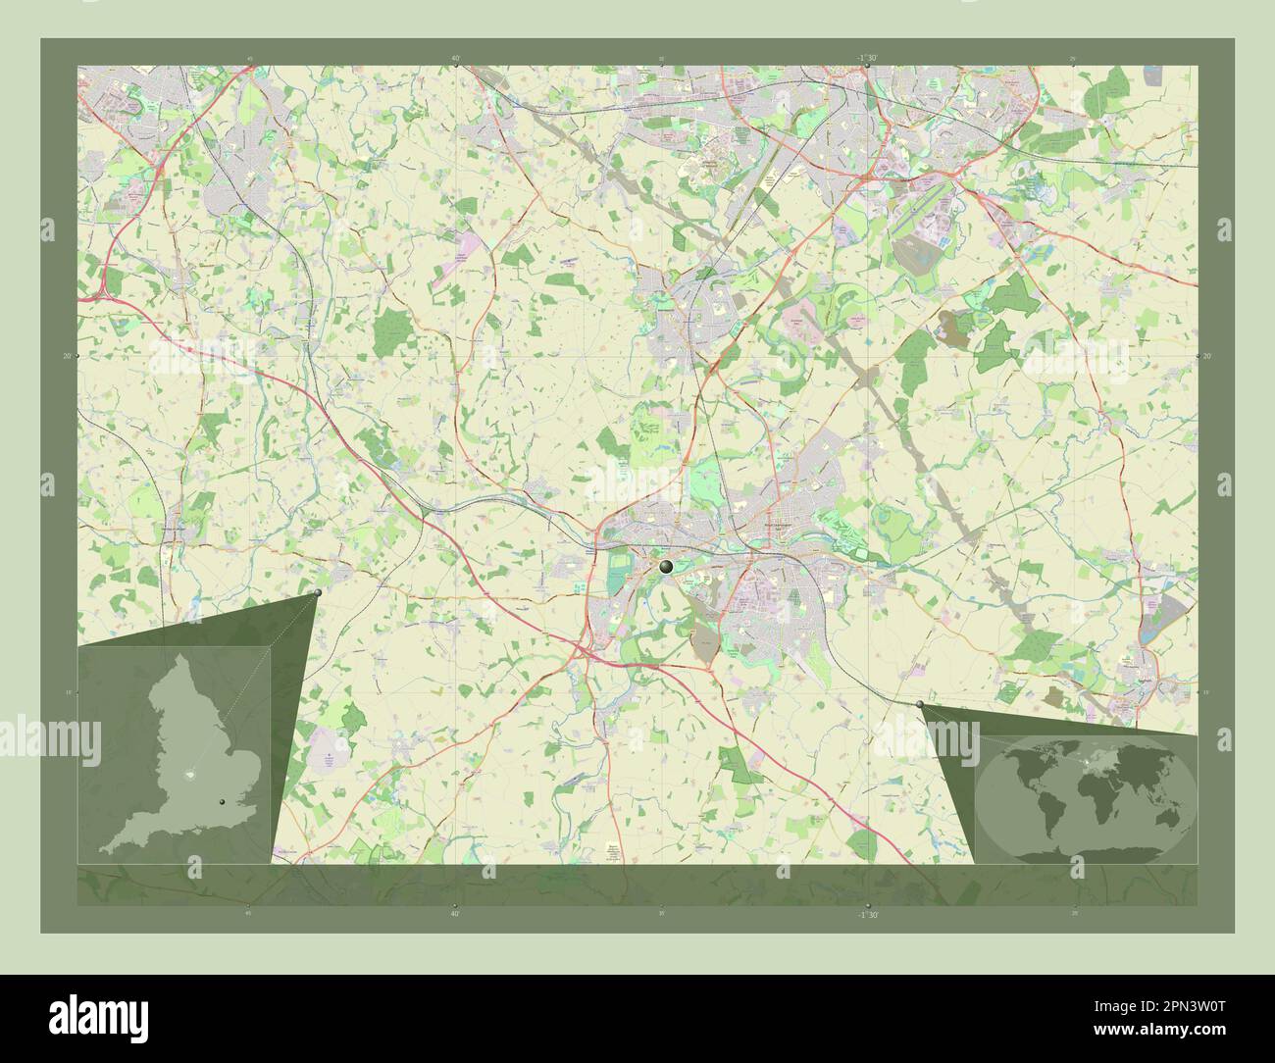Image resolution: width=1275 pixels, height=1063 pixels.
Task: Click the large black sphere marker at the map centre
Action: (667, 566)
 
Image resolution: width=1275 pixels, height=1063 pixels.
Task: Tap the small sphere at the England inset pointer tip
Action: (318, 593)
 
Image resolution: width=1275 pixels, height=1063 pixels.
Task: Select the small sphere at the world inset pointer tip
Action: (919, 704)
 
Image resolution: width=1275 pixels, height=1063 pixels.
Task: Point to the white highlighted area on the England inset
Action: (192, 775)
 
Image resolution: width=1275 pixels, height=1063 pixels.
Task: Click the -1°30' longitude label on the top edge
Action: (865, 58)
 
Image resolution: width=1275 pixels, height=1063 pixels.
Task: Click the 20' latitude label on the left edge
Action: (66, 356)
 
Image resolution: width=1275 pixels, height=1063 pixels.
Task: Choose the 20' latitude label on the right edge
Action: (1207, 356)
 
